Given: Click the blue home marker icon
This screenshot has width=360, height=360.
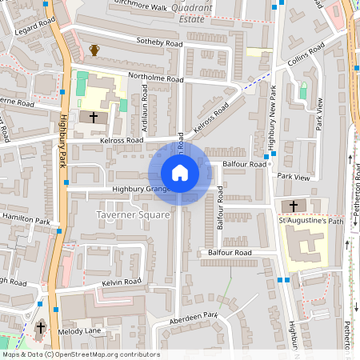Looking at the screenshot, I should point(180,172).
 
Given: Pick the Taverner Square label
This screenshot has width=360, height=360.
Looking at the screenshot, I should point(133,214).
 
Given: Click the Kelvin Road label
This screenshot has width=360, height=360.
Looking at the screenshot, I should point(122,282).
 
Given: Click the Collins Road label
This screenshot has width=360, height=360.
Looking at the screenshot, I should point(304,57).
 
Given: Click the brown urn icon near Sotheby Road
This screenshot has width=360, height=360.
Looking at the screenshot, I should point(94,50).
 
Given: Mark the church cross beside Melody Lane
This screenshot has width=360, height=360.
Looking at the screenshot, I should point(41,328).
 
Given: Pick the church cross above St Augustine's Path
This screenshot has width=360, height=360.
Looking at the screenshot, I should point(293,206).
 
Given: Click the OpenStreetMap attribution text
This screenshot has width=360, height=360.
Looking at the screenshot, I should point(80,354).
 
